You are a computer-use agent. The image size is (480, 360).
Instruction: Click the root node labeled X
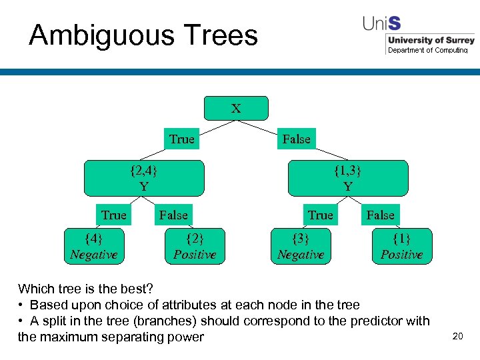[x=236, y=108]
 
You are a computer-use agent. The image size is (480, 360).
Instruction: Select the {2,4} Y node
[x=144, y=178]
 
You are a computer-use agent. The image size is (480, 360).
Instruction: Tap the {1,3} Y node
[x=347, y=178]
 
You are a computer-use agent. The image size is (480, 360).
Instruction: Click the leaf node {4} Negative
[x=94, y=246]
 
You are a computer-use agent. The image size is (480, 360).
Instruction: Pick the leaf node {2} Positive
[x=195, y=246]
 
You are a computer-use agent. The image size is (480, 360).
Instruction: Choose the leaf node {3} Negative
[x=301, y=246]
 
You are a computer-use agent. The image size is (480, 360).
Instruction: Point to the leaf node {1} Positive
[x=401, y=246]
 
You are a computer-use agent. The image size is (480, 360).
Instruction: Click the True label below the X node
[x=181, y=139]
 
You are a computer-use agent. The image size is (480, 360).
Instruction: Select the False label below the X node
[x=296, y=139]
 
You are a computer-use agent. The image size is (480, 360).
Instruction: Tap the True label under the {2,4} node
[x=113, y=215]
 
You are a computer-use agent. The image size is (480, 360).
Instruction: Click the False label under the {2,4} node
[x=173, y=215]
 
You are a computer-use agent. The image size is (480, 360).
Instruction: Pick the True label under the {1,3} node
[x=320, y=215]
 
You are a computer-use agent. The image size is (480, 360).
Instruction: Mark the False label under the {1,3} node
[x=381, y=215]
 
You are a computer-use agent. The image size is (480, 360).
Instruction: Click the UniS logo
[x=382, y=23]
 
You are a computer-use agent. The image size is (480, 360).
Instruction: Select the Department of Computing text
[x=428, y=50]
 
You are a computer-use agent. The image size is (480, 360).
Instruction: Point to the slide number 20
[x=457, y=336]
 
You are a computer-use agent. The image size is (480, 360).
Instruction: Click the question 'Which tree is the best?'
[x=85, y=289]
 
